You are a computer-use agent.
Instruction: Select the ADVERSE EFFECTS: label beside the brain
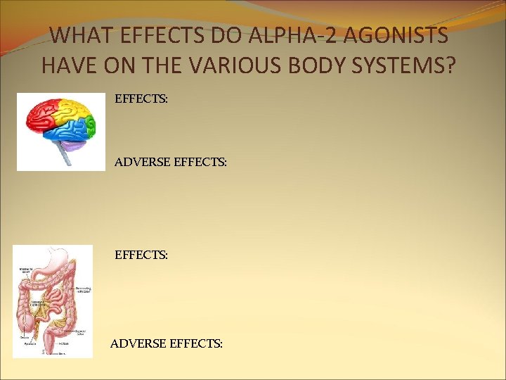171,162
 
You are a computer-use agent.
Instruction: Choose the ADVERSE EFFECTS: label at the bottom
167,343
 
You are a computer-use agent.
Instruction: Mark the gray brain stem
66,158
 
